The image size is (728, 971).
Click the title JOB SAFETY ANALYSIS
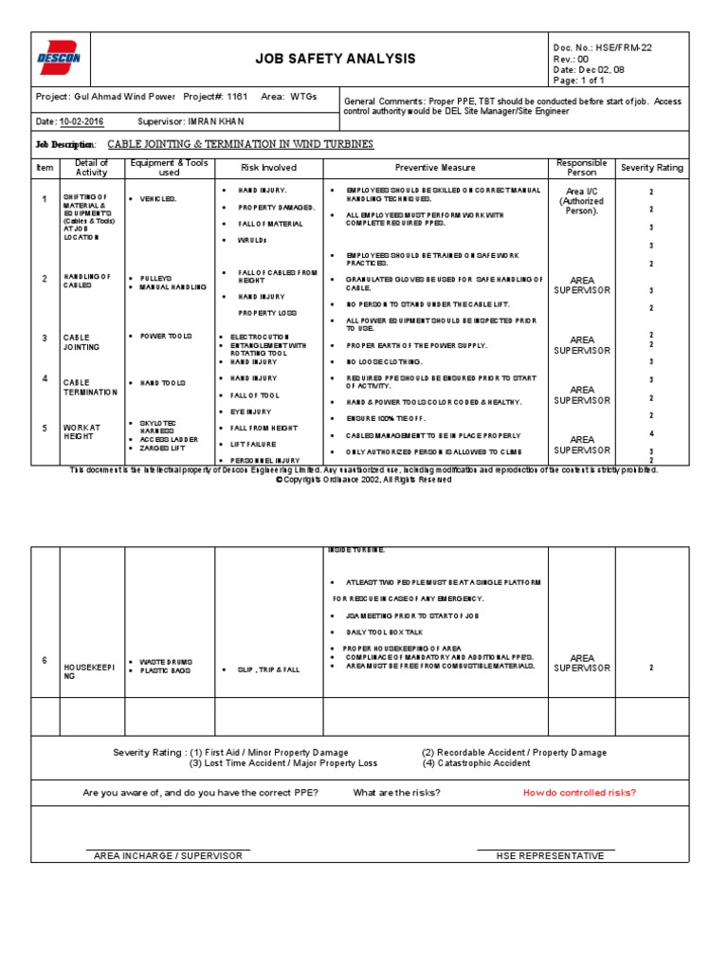[x=336, y=59]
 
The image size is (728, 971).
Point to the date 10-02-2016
[x=82, y=121]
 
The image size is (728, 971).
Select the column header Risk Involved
[x=268, y=168]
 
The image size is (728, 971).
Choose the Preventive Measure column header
[x=435, y=168]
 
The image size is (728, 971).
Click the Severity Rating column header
[x=651, y=168]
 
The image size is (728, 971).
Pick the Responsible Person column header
[x=581, y=168]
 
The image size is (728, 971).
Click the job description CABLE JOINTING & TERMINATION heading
[x=240, y=145]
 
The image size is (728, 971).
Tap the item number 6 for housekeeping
[x=45, y=660]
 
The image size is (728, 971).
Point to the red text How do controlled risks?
[x=579, y=793]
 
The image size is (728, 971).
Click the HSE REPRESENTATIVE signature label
[x=550, y=855]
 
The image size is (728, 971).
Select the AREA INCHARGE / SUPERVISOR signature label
[x=168, y=855]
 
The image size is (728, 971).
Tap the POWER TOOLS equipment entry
[x=166, y=337]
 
